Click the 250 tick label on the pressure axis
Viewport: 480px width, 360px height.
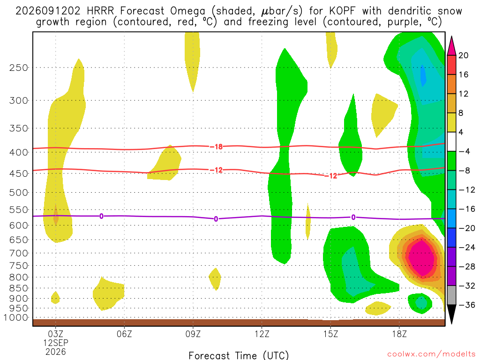click(19, 67)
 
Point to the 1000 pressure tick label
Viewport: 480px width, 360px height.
click(16, 318)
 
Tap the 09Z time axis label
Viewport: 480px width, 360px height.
click(193, 334)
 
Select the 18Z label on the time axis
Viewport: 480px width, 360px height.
click(399, 334)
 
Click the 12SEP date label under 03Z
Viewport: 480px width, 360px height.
click(56, 343)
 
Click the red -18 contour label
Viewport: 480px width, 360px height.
click(216, 147)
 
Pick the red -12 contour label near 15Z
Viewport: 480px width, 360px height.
click(330, 176)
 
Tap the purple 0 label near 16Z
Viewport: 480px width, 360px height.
click(353, 217)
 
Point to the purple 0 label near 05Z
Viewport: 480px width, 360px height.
click(101, 216)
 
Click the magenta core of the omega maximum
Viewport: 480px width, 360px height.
click(422, 258)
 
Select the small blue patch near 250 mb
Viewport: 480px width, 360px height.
click(423, 75)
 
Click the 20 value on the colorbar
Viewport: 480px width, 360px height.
click(464, 55)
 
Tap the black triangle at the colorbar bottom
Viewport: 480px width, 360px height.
click(451, 314)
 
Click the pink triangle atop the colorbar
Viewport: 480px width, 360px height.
click(451, 46)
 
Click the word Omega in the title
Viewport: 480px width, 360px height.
click(187, 11)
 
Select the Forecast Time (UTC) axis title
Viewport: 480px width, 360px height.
click(239, 355)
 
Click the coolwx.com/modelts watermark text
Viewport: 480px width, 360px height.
click(431, 354)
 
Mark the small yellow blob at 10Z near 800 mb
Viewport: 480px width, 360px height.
click(215, 279)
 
